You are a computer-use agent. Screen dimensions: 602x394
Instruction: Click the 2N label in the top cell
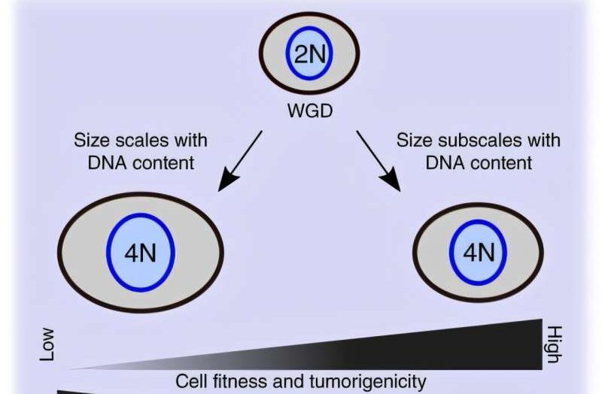(x=309, y=54)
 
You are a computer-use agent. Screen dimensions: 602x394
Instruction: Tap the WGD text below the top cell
(x=310, y=111)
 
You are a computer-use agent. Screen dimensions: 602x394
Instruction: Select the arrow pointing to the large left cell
(x=240, y=161)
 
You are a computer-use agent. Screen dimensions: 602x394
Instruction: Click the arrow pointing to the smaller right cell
(x=379, y=161)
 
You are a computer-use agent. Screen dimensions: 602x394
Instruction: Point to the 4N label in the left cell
(x=141, y=253)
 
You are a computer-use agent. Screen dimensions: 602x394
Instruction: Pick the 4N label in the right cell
(x=479, y=253)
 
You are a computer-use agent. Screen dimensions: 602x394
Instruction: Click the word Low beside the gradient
(x=47, y=344)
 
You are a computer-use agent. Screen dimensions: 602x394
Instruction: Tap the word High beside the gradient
(x=555, y=344)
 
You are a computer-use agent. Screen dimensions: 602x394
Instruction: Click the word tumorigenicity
(x=368, y=382)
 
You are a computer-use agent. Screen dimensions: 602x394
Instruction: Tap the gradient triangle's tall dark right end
(x=541, y=344)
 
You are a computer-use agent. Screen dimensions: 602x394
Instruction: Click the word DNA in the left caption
(x=107, y=163)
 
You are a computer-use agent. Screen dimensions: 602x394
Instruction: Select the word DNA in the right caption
(x=445, y=163)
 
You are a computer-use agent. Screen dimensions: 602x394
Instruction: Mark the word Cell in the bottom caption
(x=191, y=381)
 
